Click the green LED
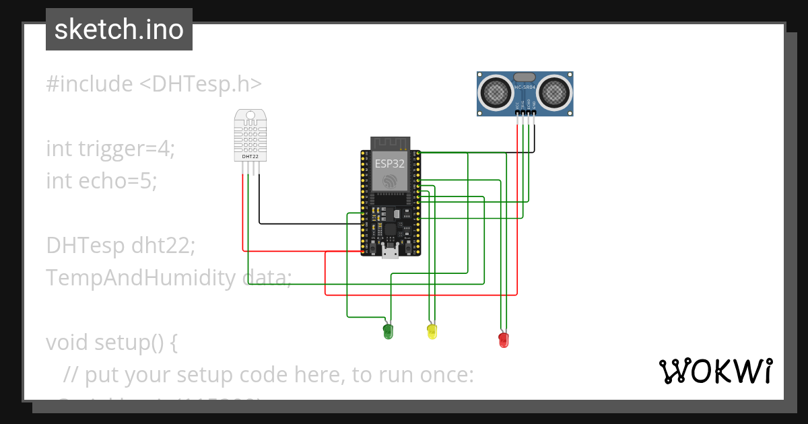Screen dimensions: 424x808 [388, 330]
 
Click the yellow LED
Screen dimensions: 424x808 [432, 330]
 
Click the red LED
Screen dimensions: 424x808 [504, 339]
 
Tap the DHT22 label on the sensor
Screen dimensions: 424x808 [250, 156]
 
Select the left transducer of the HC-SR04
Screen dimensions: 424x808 [496, 92]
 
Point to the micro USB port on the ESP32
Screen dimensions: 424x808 [390, 253]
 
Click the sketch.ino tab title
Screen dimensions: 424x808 [119, 30]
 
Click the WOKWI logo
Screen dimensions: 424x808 [715, 371]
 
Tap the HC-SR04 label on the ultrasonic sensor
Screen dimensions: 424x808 [525, 87]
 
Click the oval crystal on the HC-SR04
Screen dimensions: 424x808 [525, 77]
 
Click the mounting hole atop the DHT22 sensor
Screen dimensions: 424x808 [250, 116]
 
